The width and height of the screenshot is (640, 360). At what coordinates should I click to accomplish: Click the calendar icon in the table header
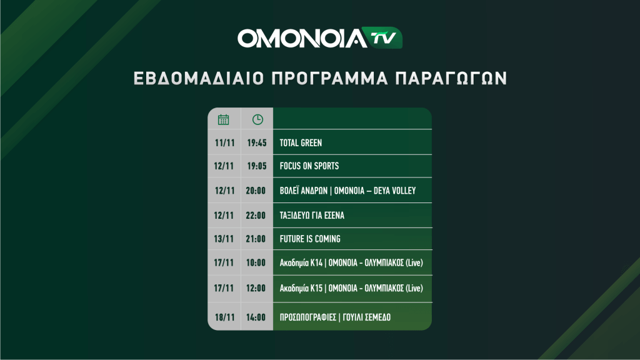point(223,119)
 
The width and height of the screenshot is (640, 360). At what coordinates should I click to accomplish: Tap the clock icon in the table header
point(257,119)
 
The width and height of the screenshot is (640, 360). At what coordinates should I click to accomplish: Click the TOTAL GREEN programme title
point(301,143)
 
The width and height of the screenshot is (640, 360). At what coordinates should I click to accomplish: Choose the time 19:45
point(257,143)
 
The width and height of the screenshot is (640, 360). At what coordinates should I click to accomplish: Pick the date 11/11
point(224,143)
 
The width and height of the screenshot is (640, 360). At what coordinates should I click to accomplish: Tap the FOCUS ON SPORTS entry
point(309,166)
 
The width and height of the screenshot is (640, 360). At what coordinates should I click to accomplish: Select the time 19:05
point(257,166)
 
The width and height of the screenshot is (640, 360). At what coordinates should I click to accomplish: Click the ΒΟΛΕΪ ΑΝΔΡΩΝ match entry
point(347,191)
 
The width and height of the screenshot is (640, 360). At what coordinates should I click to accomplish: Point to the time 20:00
point(256,191)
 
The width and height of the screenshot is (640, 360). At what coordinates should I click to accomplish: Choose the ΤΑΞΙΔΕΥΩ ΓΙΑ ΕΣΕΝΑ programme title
point(312,216)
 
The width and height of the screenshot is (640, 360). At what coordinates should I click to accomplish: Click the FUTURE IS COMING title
point(310,239)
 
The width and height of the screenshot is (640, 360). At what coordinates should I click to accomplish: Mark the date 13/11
point(224,239)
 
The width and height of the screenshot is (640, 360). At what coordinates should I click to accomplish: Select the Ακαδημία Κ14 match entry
point(351,263)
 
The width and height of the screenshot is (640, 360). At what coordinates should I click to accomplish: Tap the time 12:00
point(256,288)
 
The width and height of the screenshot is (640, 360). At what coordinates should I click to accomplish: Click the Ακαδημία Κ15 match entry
point(351,288)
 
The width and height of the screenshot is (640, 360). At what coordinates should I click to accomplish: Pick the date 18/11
point(224,317)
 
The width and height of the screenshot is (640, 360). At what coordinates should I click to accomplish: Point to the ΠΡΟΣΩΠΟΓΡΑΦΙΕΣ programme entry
point(335,317)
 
